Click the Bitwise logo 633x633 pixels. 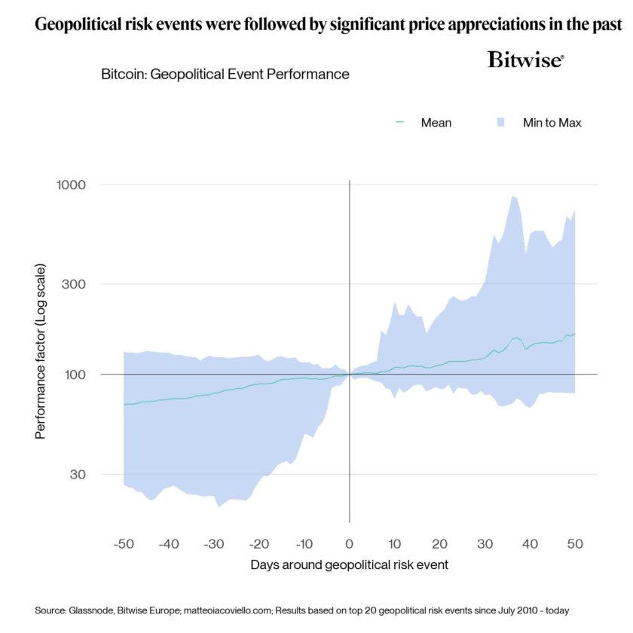[x=526, y=60]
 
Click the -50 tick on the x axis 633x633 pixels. [x=123, y=543]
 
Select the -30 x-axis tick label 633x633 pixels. [x=213, y=543]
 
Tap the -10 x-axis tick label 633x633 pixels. [x=304, y=543]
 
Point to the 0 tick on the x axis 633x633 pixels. [x=349, y=543]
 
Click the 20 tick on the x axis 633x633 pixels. [x=439, y=543]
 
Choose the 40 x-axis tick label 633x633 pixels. [x=530, y=543]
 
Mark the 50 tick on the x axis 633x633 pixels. [x=575, y=543]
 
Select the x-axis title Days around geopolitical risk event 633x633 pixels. [x=349, y=564]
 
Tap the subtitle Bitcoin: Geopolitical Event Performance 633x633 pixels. [x=225, y=75]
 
